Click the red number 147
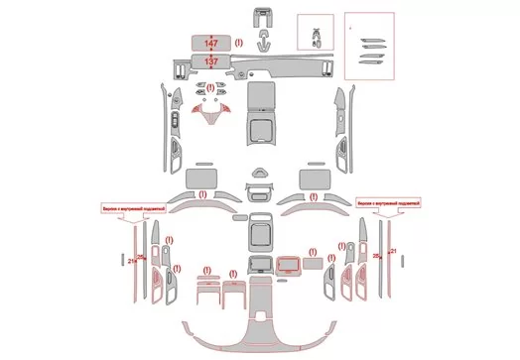[211, 44]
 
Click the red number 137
[211, 61]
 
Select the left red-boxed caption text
[132, 209]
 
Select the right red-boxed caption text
[388, 201]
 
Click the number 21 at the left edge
[131, 260]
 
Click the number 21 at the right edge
[394, 254]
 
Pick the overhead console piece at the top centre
[264, 15]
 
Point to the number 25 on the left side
[140, 258]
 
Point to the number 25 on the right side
[377, 256]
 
